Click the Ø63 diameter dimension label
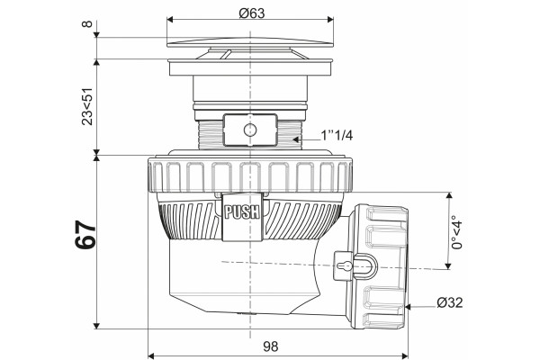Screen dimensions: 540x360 pos(251,13)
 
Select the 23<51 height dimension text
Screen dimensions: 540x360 pos(87,106)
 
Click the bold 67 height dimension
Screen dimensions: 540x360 pos(85,235)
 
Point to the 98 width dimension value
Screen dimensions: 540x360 pos(270,346)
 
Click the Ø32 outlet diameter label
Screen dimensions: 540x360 pos(450,302)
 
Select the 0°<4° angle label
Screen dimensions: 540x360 pos(457,232)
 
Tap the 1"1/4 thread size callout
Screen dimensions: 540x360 pos(337,135)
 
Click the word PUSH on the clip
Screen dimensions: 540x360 pos(241,211)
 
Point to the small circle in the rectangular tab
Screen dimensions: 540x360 pos(249,130)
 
